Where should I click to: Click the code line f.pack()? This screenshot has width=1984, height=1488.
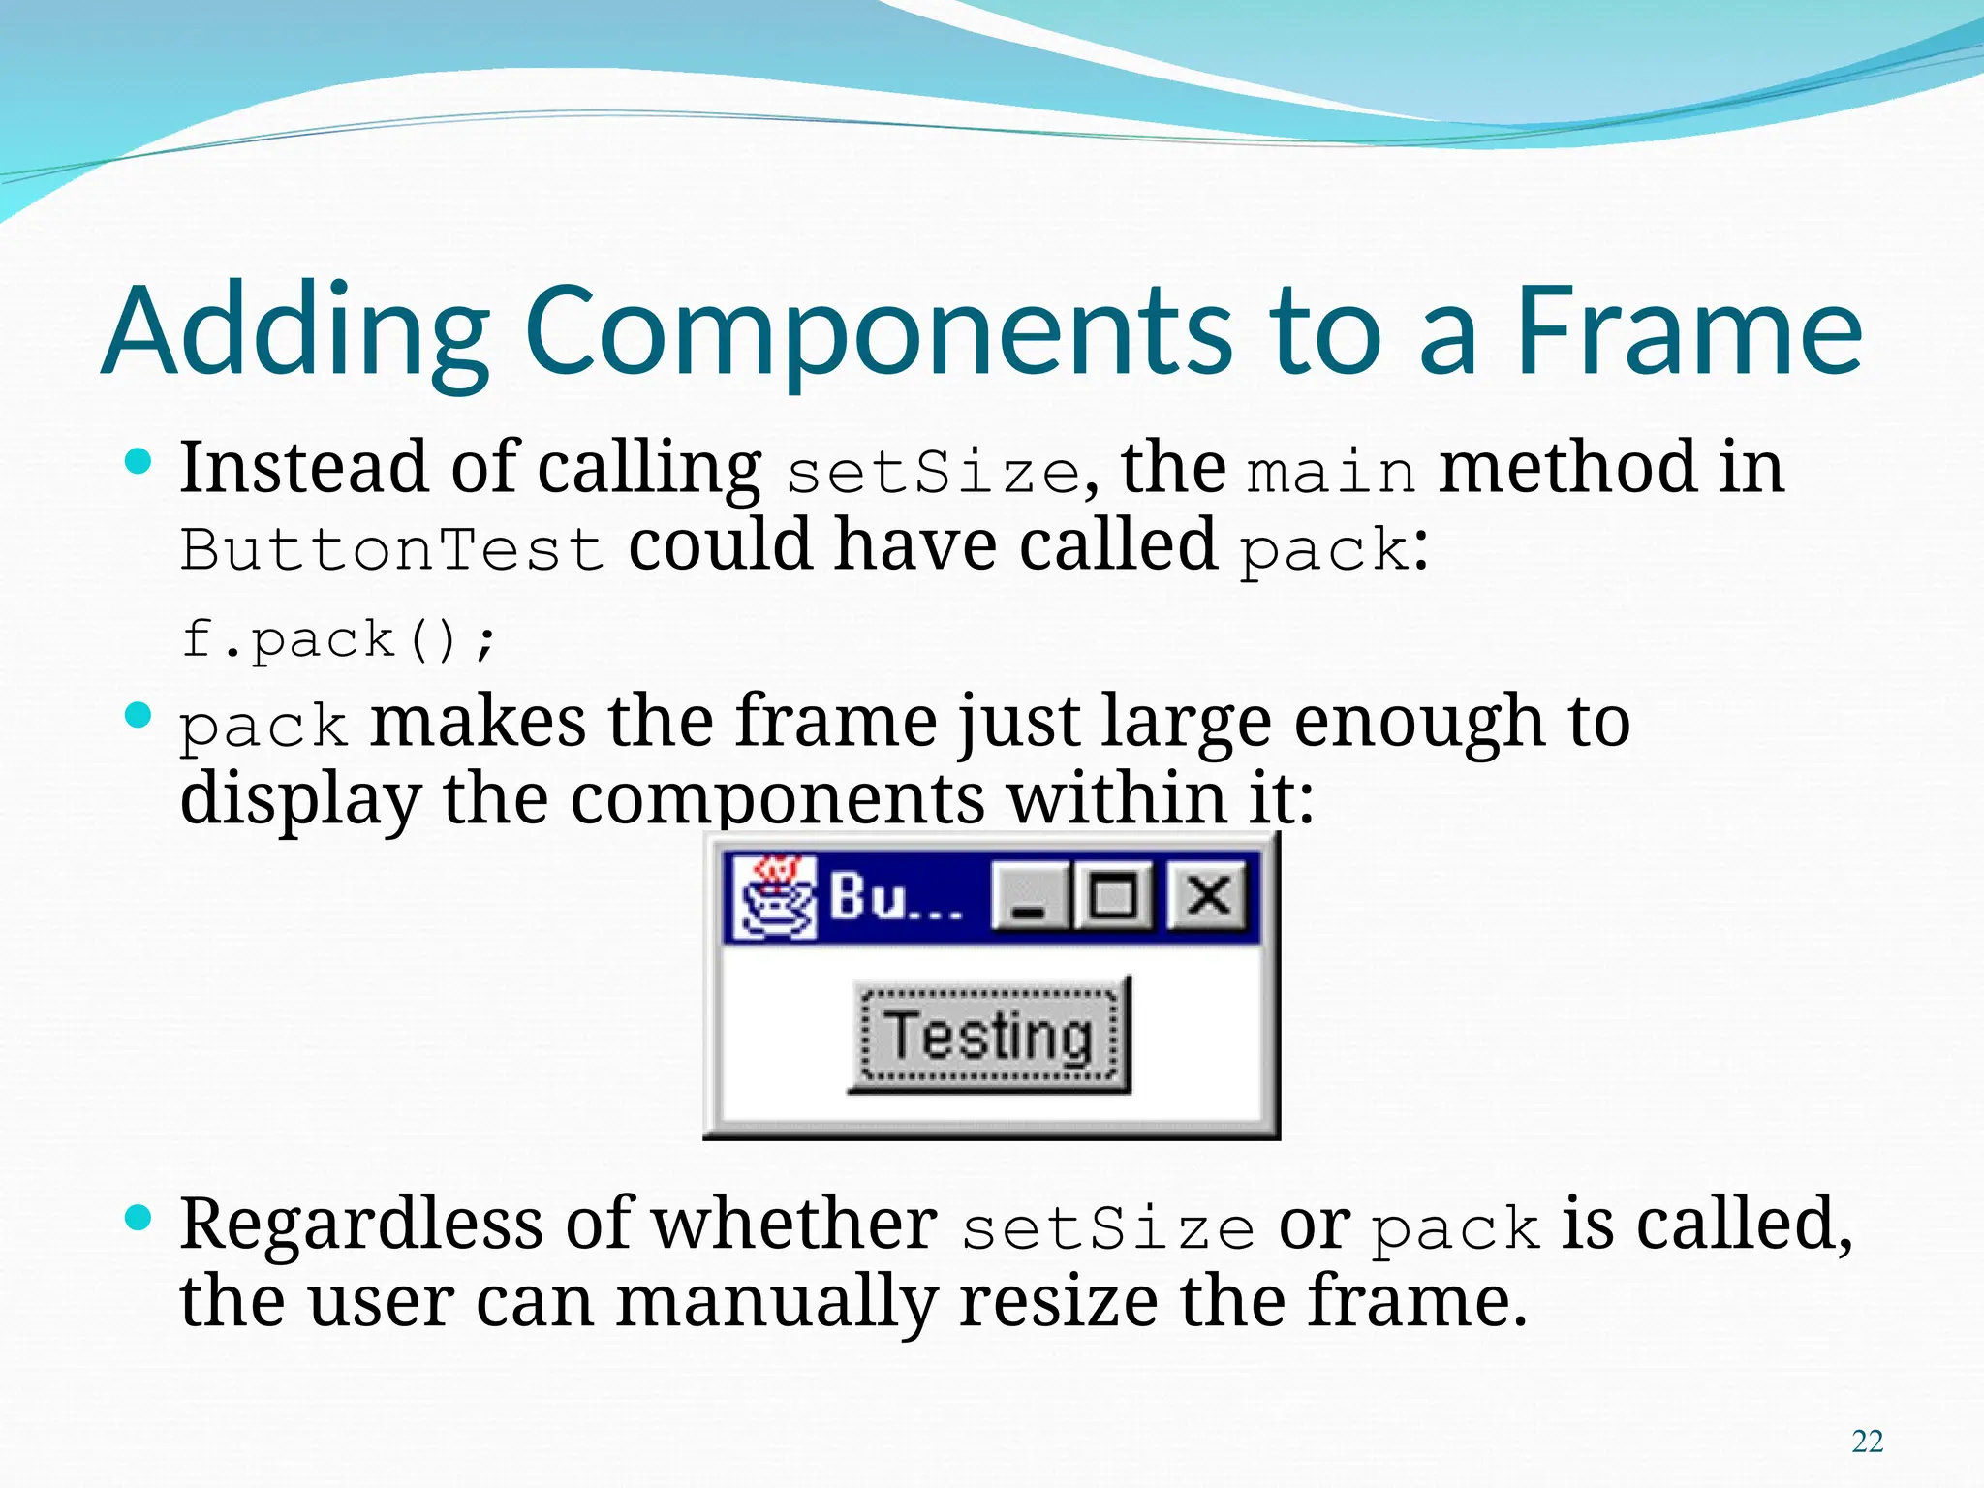339,639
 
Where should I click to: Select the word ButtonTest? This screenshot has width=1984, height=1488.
392,549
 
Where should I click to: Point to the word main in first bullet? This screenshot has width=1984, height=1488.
1331,473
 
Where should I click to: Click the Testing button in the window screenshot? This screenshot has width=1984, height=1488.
989,1035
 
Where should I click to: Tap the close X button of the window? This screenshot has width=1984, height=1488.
1208,895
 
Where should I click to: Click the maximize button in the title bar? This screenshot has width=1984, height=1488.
1112,895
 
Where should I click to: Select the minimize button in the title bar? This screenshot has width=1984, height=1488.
1029,897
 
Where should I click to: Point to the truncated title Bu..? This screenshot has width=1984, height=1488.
894,897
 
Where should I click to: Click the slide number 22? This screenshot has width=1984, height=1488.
1867,1441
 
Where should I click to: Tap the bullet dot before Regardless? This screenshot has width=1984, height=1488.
139,1217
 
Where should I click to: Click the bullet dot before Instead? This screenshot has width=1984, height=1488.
139,461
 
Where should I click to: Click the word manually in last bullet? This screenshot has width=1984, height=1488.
776,1300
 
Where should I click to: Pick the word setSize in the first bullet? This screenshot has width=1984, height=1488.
933,473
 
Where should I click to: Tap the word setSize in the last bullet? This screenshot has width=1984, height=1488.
1107,1228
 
